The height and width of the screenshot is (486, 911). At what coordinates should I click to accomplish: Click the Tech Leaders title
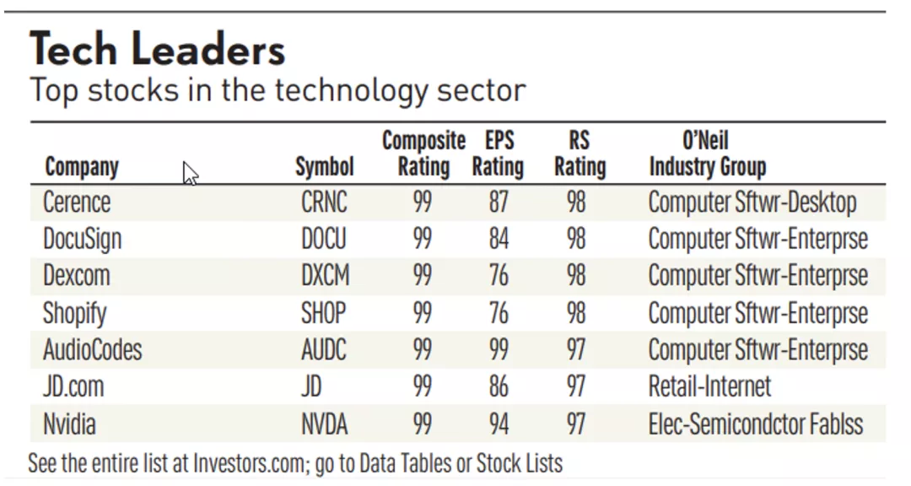click(158, 50)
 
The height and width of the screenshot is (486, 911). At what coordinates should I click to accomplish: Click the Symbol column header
click(325, 166)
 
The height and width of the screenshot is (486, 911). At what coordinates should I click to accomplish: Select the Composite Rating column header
click(423, 153)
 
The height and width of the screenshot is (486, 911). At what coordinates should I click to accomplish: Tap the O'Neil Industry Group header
click(707, 153)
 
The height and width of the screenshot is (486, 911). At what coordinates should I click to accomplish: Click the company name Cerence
click(77, 202)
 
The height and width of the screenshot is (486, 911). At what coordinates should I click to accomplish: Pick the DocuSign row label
click(82, 239)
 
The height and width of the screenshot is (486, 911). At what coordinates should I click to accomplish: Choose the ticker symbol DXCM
click(325, 276)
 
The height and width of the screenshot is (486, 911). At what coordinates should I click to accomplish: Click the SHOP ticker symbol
click(323, 313)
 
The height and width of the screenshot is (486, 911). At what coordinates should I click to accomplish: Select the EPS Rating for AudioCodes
click(499, 349)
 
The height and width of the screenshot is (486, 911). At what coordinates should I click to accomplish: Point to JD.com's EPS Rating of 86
click(499, 386)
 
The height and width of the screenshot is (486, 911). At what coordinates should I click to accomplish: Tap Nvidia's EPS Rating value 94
click(499, 424)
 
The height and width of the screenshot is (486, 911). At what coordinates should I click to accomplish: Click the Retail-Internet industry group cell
click(709, 386)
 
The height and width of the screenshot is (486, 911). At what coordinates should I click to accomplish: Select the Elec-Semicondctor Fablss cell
click(755, 424)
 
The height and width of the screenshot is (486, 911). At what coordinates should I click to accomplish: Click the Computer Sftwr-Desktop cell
click(752, 202)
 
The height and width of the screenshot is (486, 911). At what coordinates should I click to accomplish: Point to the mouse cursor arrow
click(190, 173)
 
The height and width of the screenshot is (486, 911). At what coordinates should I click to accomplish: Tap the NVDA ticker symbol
click(324, 424)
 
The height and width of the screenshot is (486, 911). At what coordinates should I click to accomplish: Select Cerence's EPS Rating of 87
click(499, 202)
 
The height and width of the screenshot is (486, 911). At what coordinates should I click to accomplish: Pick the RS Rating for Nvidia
click(576, 424)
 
